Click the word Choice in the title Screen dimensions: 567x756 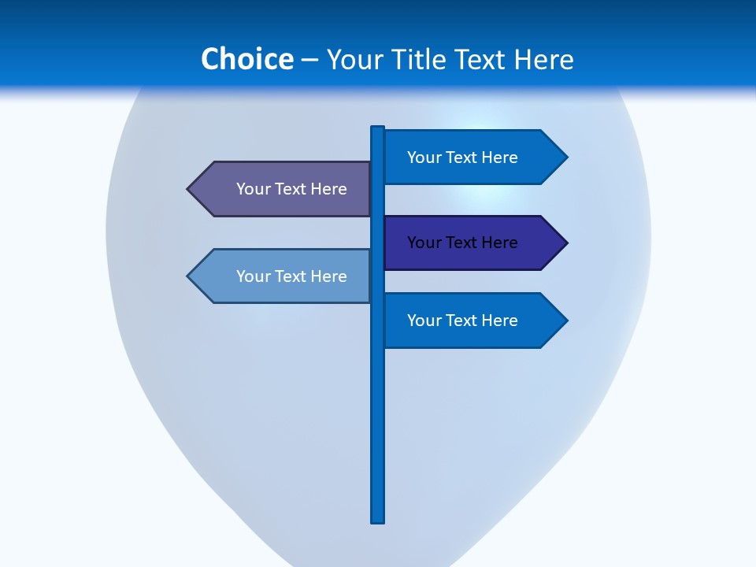tap(246, 59)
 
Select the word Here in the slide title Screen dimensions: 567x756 tap(543, 59)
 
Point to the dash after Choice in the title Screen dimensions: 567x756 tap(309, 60)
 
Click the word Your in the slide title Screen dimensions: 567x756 tap(353, 59)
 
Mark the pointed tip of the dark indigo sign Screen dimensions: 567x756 tap(565, 243)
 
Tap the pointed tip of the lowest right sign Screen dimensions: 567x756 tap(565, 321)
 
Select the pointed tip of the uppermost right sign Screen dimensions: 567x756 tap(565, 157)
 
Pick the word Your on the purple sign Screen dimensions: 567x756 tap(253, 189)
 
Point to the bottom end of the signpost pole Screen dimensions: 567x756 tap(378, 520)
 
